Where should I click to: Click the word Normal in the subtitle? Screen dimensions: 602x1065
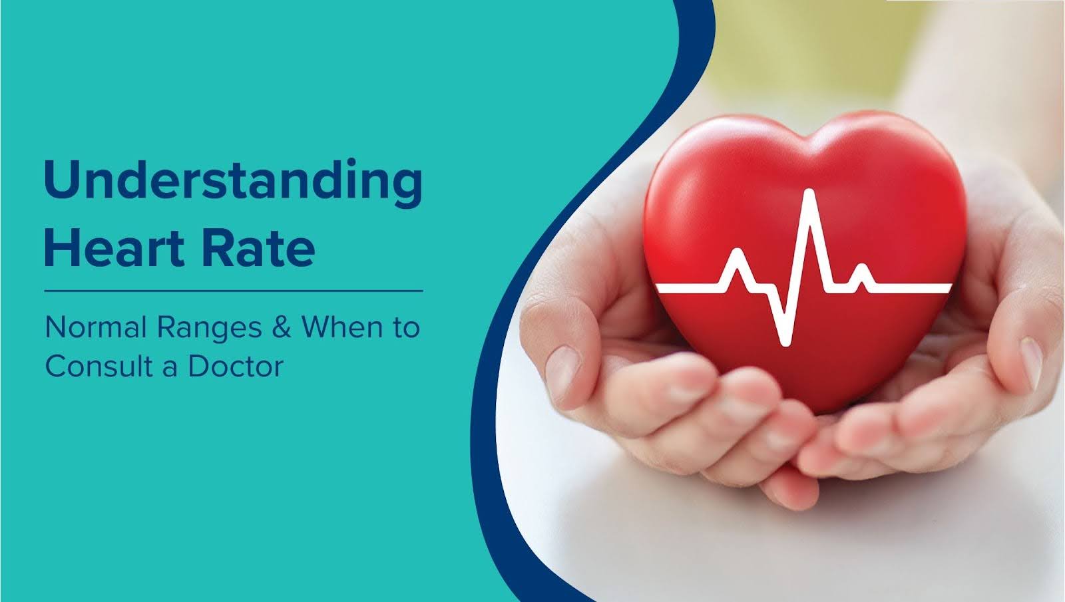coord(95,327)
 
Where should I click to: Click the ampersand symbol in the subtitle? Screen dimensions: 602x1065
coord(282,327)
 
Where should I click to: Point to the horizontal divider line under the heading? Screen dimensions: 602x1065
coord(233,291)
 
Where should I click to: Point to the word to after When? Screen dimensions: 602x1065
coord(405,327)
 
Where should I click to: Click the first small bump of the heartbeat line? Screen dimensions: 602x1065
coord(738,253)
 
